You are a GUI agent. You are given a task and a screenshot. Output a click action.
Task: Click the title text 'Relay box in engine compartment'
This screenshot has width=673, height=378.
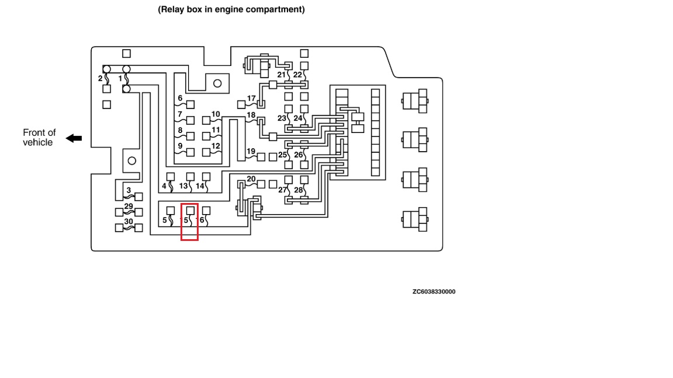point(231,9)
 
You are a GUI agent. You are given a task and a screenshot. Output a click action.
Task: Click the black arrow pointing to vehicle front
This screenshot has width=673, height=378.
point(74,138)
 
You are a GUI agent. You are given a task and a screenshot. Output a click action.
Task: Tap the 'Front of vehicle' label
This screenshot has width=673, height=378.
point(39,138)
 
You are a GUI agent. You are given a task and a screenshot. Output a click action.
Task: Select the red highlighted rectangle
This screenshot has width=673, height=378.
point(189,222)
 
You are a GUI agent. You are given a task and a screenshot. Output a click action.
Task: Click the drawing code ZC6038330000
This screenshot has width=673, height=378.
point(433,292)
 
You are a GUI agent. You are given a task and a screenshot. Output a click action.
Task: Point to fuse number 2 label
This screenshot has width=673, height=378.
point(100,78)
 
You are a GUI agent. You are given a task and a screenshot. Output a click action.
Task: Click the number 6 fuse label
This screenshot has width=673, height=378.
point(180,98)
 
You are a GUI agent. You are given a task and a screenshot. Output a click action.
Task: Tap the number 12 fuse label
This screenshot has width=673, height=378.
point(216,146)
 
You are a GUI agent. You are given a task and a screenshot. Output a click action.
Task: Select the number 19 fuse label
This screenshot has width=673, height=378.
point(251,152)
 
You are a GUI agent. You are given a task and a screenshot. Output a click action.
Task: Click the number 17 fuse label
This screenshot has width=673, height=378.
point(251,99)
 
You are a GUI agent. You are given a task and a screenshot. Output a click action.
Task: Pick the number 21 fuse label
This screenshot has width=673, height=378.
point(282,75)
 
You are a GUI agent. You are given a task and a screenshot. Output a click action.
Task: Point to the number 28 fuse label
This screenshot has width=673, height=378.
point(299,190)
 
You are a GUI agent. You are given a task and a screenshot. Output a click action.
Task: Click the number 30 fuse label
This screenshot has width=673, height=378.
point(129,222)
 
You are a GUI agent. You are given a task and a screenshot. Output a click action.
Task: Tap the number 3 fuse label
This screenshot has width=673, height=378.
point(129,190)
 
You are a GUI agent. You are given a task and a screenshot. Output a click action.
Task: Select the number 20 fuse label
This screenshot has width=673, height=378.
point(251,179)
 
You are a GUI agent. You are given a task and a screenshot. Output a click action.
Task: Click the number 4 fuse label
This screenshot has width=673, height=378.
point(164,187)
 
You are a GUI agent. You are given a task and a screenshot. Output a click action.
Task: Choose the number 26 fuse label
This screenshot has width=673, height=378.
point(299,155)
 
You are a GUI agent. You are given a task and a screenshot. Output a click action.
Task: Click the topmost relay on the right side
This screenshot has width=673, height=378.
point(415,101)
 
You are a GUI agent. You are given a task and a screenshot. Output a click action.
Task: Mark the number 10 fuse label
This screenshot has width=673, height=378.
point(216,114)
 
